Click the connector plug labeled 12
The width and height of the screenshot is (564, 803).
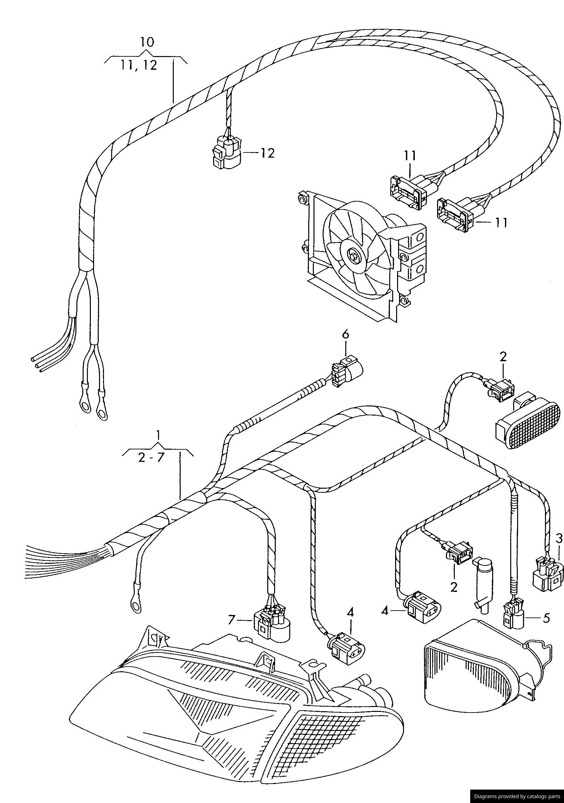(227, 153)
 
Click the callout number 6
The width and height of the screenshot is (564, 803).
(345, 334)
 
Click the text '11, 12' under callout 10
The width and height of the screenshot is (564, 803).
(139, 66)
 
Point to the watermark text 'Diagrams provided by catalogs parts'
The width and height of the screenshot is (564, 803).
(517, 796)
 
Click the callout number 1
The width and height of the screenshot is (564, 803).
(158, 435)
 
